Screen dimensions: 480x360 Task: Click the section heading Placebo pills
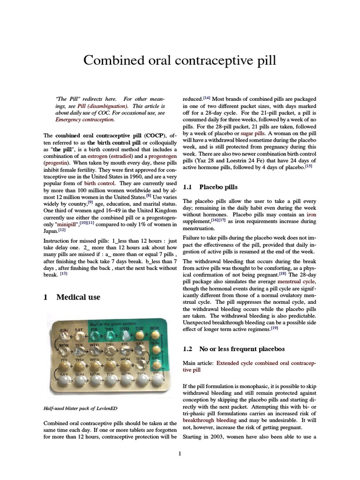(x=218, y=187)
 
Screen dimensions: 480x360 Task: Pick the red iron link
(x=311, y=214)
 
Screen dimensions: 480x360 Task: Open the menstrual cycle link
(x=295, y=281)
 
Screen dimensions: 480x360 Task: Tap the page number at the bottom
(x=180, y=453)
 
